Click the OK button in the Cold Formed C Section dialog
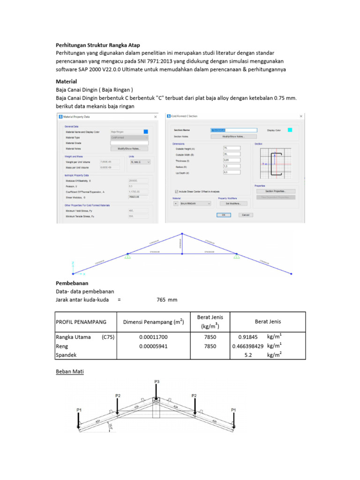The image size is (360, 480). pyautogui.click(x=224, y=215)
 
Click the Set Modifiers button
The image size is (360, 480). pyautogui.click(x=233, y=203)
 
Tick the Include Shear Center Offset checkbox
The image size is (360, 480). pyautogui.click(x=176, y=191)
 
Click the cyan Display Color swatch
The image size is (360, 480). pyautogui.click(x=290, y=130)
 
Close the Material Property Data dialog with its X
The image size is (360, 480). pyautogui.click(x=155, y=116)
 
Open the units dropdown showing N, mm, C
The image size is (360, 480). pyautogui.click(x=140, y=162)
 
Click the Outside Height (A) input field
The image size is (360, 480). pyautogui.click(x=232, y=148)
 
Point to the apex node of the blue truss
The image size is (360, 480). pyautogui.click(x=182, y=233)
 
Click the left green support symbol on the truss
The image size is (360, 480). pyautogui.click(x=127, y=255)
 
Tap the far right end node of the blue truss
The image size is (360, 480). pyautogui.click(x=291, y=273)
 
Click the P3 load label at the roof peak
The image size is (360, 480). pyautogui.click(x=157, y=382)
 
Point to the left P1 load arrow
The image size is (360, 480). pyautogui.click(x=79, y=420)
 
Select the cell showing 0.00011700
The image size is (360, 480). pyautogui.click(x=153, y=337)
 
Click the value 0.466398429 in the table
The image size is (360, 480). pyautogui.click(x=247, y=346)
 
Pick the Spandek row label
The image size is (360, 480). pyautogui.click(x=66, y=355)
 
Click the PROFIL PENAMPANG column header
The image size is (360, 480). pyautogui.click(x=81, y=322)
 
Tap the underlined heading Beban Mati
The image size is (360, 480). pyautogui.click(x=69, y=371)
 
